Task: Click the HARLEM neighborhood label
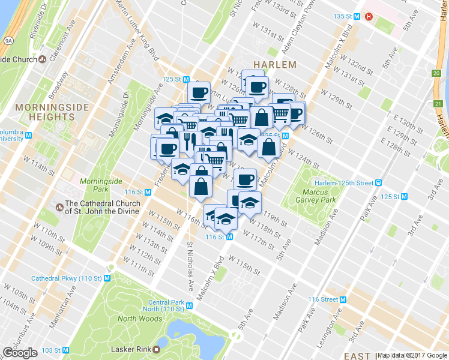tap(275, 64)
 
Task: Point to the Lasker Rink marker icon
tap(157, 349)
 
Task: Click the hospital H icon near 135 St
tap(369, 16)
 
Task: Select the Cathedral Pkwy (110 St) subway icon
tap(107, 278)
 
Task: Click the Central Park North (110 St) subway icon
tap(190, 305)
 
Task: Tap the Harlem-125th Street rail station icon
tap(378, 182)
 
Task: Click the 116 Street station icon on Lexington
tap(343, 299)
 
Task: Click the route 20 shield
tap(436, 73)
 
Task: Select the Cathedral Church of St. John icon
tap(59, 207)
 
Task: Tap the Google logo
tap(20, 352)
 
